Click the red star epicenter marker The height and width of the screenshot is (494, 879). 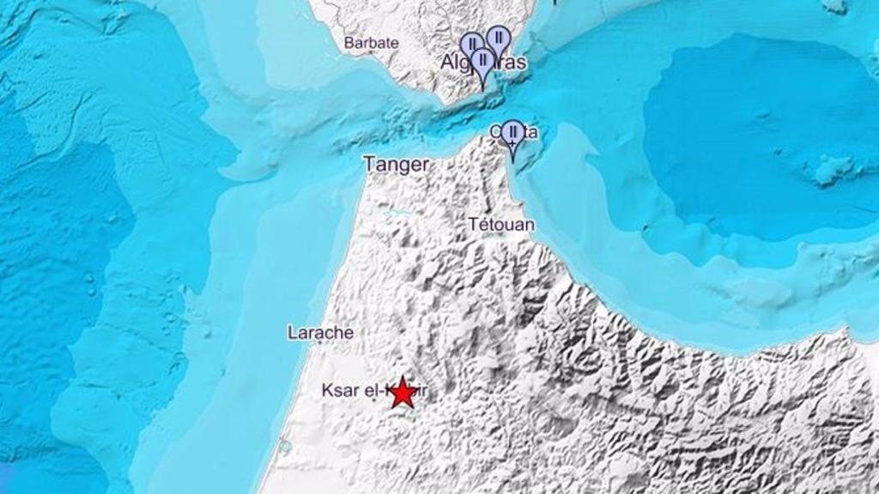[403, 393]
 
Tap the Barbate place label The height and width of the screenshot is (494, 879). [371, 42]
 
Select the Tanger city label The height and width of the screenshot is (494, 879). [396, 164]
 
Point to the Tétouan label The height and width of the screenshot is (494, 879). [501, 225]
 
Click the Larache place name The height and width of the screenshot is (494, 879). [320, 332]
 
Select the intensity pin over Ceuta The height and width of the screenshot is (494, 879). [512, 133]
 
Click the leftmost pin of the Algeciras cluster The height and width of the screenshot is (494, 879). [471, 44]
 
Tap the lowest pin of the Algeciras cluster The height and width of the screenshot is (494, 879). [483, 60]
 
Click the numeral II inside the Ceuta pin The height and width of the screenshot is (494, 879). [512, 131]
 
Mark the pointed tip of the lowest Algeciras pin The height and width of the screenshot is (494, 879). [483, 88]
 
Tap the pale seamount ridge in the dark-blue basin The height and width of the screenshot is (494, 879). [828, 169]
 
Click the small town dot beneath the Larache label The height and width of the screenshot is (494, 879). [320, 342]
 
